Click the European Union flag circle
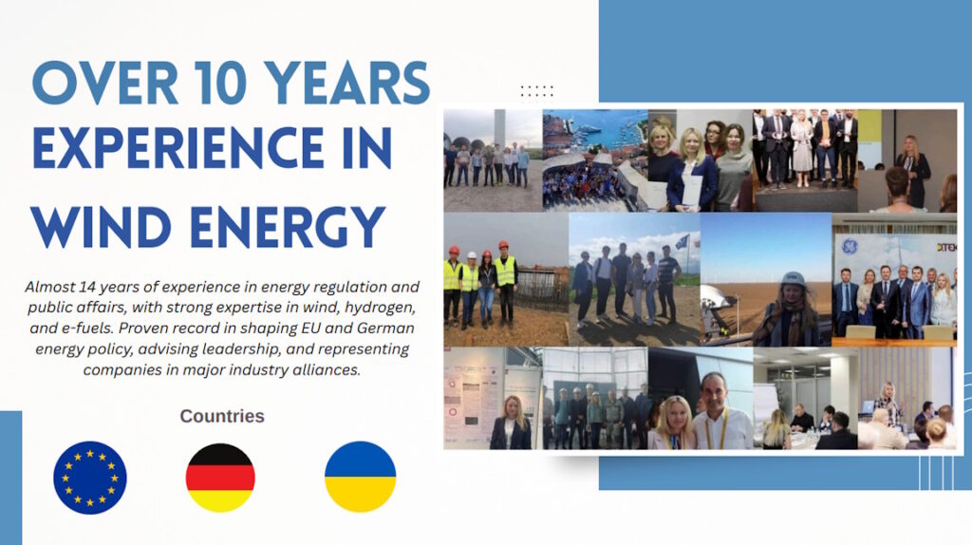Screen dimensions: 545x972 click(90, 478)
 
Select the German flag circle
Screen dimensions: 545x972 click(220, 478)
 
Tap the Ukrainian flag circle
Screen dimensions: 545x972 click(360, 478)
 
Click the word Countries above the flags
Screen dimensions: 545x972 click(222, 416)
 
